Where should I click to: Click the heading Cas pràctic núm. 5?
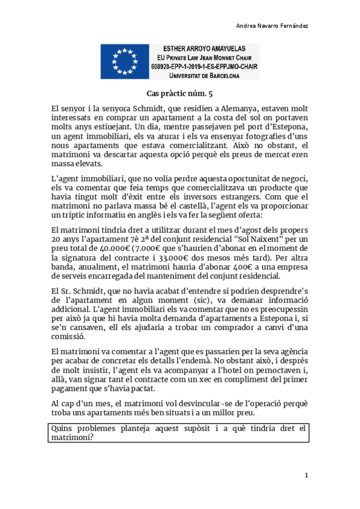[x=179, y=93]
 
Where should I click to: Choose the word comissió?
[x=68, y=337]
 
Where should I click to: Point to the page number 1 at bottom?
[x=306, y=475]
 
